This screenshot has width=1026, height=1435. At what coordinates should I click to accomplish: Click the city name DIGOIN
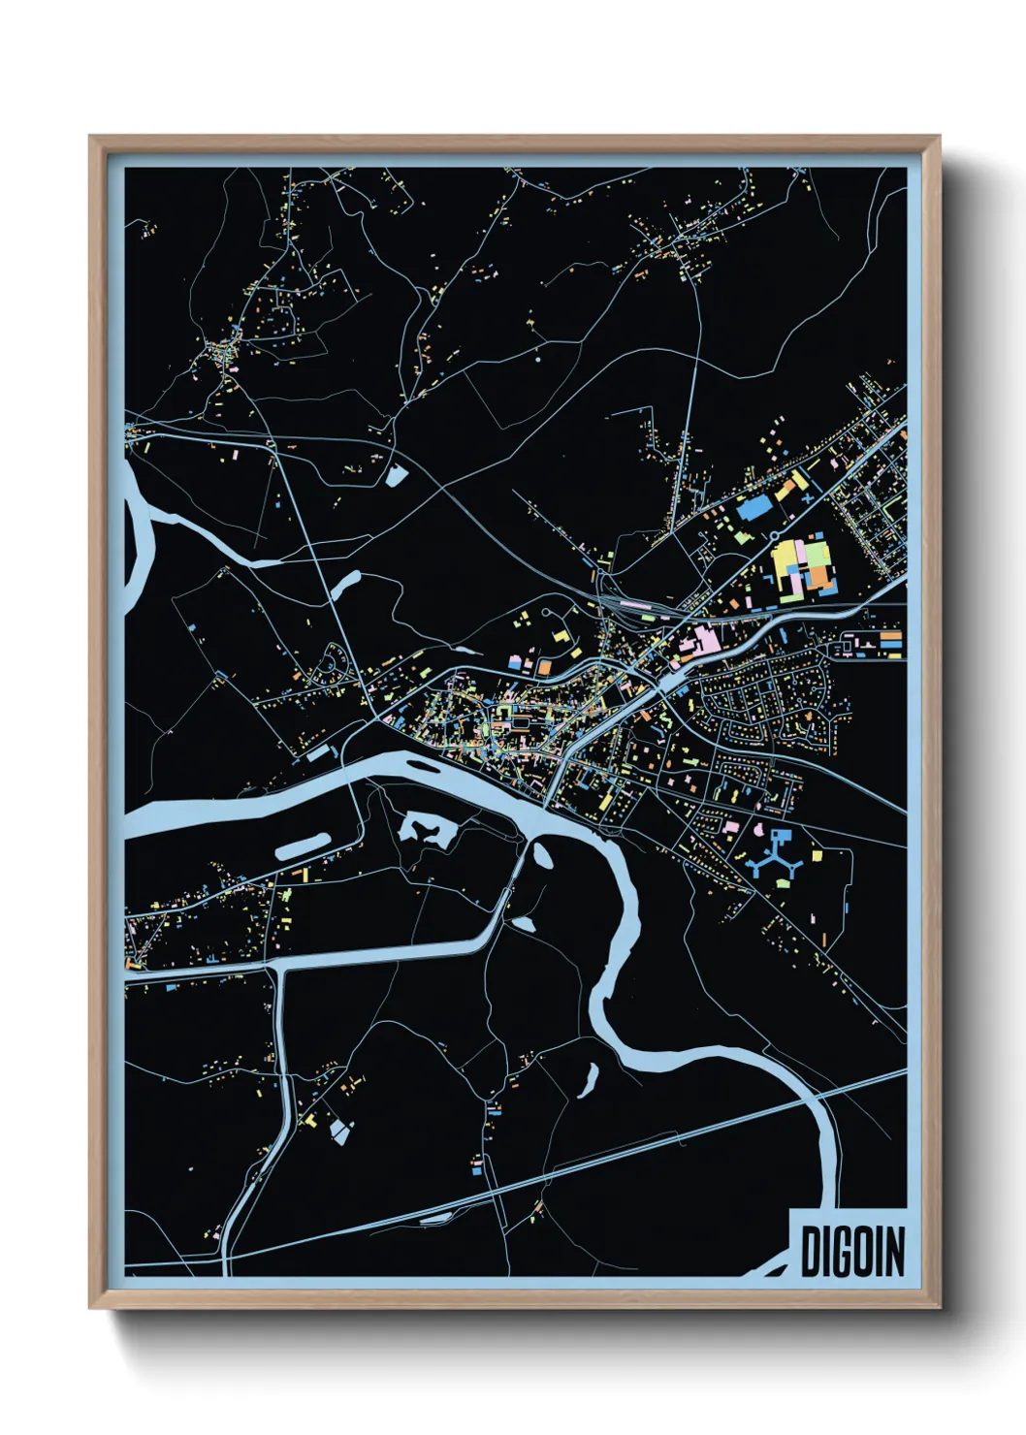coord(852,1251)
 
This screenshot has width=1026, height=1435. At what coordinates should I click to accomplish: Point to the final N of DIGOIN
coord(893,1251)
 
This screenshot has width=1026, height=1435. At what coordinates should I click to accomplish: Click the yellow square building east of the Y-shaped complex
coord(817,855)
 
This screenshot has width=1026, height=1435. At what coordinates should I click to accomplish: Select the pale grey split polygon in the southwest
coord(338,1130)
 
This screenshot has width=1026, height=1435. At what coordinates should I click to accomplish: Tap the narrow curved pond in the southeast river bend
coord(588,1079)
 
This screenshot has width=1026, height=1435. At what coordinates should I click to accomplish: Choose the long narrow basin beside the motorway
coord(435,1218)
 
